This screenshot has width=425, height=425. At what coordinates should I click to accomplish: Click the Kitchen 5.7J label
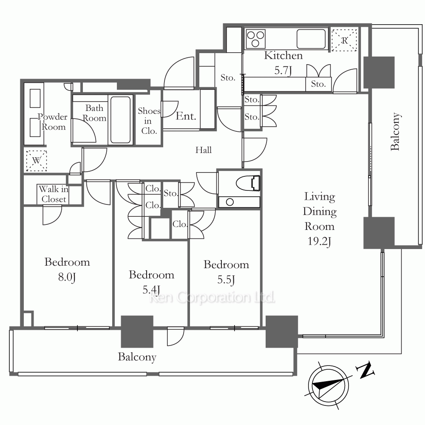pyautogui.click(x=283, y=62)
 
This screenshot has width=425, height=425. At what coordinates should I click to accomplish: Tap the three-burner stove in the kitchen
pyautogui.click(x=255, y=39)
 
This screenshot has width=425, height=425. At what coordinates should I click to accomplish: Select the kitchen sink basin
pyautogui.click(x=311, y=39)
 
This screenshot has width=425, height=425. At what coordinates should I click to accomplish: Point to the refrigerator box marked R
pyautogui.click(x=345, y=40)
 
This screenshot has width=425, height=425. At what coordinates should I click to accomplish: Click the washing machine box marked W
pyautogui.click(x=37, y=161)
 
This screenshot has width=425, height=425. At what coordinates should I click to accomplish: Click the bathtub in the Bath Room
pyautogui.click(x=120, y=119)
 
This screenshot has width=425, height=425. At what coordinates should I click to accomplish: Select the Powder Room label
pyautogui.click(x=53, y=122)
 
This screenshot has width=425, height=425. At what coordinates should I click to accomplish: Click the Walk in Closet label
pyautogui.click(x=54, y=194)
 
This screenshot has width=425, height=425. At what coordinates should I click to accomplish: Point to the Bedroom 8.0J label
pyautogui.click(x=67, y=269)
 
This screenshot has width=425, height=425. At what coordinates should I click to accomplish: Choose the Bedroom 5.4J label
pyautogui.click(x=151, y=282)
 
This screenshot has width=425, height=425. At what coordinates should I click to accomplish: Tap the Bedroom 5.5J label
pyautogui.click(x=227, y=272)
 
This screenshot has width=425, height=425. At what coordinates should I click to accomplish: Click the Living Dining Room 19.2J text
pyautogui.click(x=320, y=219)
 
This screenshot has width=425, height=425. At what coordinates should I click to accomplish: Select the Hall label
pyautogui.click(x=204, y=150)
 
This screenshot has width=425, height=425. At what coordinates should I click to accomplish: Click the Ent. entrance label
pyautogui.click(x=186, y=116)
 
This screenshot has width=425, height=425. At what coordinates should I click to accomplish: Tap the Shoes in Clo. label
pyautogui.click(x=149, y=121)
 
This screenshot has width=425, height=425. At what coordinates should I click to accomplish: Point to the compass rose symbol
pyautogui.click(x=328, y=386)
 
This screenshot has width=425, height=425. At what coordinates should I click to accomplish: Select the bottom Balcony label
pyautogui.click(x=137, y=357)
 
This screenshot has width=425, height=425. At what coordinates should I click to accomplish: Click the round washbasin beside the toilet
pyautogui.click(x=229, y=202)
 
